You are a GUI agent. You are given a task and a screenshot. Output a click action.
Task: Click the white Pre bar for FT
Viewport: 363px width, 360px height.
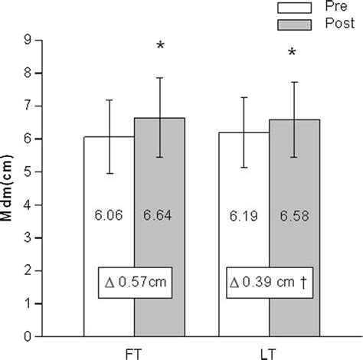click(x=109, y=253)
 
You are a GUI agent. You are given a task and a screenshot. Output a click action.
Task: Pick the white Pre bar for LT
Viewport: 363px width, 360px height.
click(x=244, y=253)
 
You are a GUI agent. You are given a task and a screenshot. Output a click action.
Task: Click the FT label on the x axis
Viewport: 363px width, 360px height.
click(x=134, y=350)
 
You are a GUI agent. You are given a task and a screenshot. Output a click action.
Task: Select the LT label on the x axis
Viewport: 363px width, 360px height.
click(x=270, y=350)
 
